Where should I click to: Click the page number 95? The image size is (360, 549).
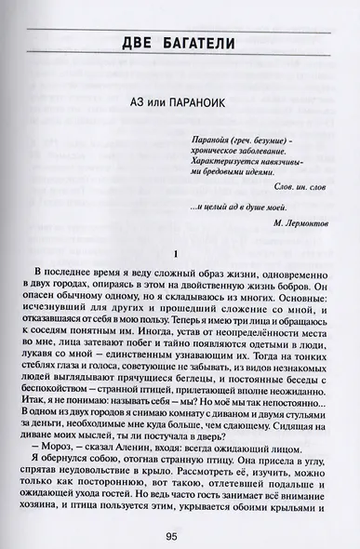[179, 536]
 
